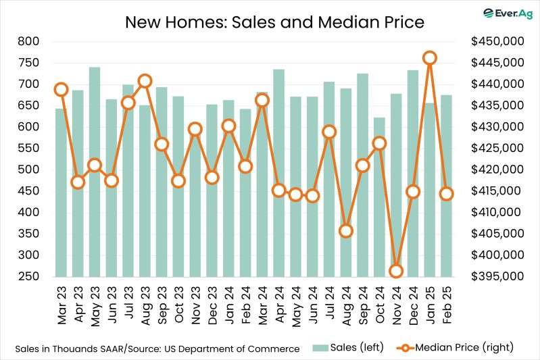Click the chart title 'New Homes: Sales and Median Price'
click(x=274, y=22)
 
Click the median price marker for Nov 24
click(x=396, y=271)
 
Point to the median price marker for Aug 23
click(x=145, y=81)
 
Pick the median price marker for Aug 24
click(x=346, y=231)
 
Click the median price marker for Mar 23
click(x=61, y=89)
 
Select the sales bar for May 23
click(x=95, y=176)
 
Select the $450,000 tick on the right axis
click(x=496, y=41)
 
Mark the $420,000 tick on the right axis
click(x=496, y=170)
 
